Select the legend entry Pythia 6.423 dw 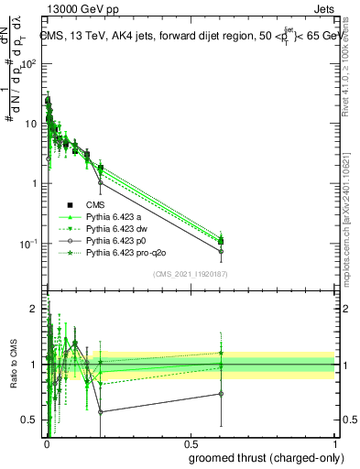click(x=117, y=228)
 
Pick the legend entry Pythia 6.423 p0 click(x=116, y=240)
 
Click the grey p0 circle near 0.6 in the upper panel click(x=220, y=251)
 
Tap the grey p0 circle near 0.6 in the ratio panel click(x=220, y=394)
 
